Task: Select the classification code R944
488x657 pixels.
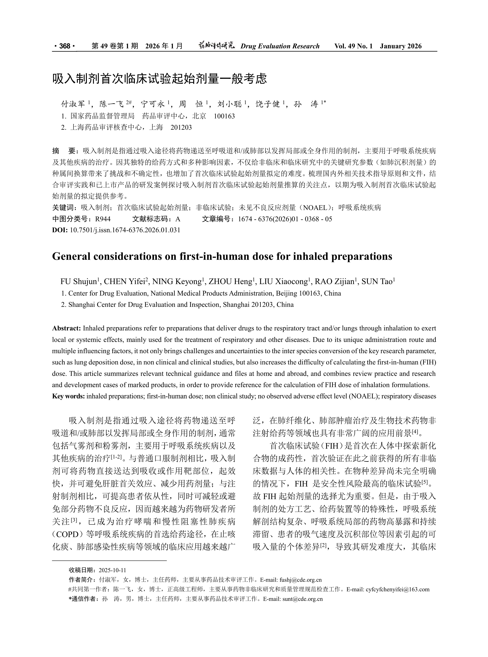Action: (x=103, y=219)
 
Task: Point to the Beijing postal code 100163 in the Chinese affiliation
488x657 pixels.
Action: (x=224, y=116)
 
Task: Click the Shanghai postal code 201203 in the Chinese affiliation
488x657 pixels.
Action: (x=181, y=127)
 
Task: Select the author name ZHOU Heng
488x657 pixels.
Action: (x=230, y=282)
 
